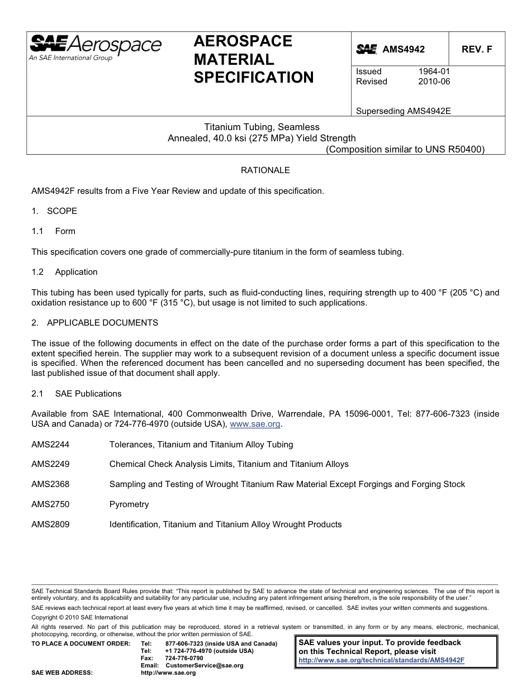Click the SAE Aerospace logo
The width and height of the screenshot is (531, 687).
95,47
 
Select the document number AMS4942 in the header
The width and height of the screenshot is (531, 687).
403,49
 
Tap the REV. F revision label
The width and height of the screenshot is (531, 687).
477,49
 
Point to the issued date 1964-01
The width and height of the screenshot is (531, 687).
434,71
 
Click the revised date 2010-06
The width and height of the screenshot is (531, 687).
434,82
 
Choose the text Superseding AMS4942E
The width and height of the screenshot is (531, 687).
403,111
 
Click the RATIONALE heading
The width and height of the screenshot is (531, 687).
265,170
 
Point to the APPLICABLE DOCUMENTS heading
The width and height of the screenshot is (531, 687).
102,323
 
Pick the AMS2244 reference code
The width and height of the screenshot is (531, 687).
50,445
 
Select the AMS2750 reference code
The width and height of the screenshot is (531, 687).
50,504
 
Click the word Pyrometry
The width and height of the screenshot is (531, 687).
129,504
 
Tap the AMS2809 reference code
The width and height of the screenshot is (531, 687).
50,524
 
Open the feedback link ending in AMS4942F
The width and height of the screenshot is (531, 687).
381,660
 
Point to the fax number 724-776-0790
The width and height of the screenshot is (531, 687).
184,659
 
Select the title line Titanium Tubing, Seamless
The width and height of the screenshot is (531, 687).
262,127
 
